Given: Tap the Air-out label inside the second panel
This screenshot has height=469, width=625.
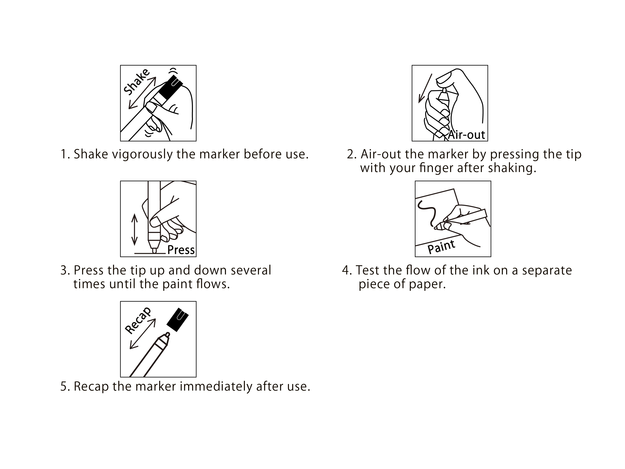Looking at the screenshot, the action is coord(466,135).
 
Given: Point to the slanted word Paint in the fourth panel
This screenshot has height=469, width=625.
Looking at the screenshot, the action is coord(441,247).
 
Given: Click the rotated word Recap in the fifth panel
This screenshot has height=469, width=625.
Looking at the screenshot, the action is coord(138,321).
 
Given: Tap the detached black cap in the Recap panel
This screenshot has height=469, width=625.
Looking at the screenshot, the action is coord(178,319).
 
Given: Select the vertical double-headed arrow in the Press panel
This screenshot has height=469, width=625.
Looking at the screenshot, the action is coord(134,230).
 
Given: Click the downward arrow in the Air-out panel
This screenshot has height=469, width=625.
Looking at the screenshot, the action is coord(425,88).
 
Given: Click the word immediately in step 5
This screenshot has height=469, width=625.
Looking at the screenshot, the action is coord(216,387).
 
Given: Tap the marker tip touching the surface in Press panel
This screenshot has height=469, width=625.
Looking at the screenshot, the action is coord(154,250).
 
